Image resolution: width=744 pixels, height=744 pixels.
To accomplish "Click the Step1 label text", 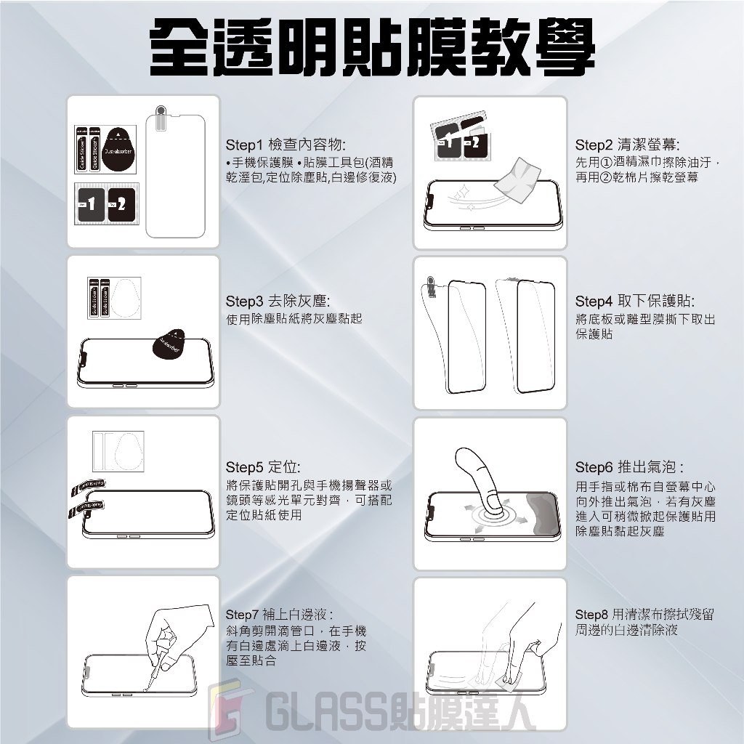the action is pos(244,145).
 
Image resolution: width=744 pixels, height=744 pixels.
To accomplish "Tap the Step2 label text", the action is pos(594,145).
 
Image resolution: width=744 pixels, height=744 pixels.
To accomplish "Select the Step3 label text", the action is pos(244,301).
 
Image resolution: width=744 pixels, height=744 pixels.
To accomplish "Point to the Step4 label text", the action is pos(594,301).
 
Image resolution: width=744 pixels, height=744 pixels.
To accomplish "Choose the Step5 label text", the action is pos(244,467).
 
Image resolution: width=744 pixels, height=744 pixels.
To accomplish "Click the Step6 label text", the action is pos(594,467).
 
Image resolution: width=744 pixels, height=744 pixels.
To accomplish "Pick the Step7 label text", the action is pos(243,615).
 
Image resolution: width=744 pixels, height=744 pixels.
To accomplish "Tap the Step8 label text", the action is pos(591,615).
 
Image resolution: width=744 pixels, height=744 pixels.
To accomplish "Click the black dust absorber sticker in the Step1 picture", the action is pos(118,149).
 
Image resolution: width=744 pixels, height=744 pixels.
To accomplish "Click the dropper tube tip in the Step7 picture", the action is pos(145,689).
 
